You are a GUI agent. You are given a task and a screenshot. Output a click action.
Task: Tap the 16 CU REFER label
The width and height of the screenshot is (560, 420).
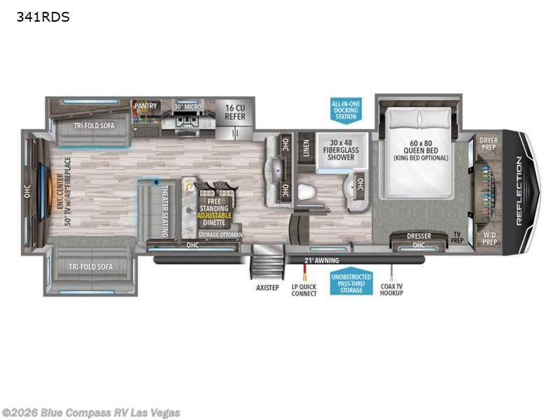coord(235,111)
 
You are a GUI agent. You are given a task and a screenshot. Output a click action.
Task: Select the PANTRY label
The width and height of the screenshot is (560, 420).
coord(146,106)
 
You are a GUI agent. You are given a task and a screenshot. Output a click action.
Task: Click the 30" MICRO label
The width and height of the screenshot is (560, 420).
coord(188,106)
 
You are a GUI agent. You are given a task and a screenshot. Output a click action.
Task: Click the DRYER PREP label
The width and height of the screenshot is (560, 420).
coord(489,143)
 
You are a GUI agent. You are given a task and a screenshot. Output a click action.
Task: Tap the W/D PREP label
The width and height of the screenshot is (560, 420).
coord(489,238)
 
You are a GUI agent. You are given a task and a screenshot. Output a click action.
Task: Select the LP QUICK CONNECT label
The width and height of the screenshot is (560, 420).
coord(304,290)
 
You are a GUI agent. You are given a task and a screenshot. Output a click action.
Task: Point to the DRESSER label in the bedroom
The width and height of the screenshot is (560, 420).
coord(419,236)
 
